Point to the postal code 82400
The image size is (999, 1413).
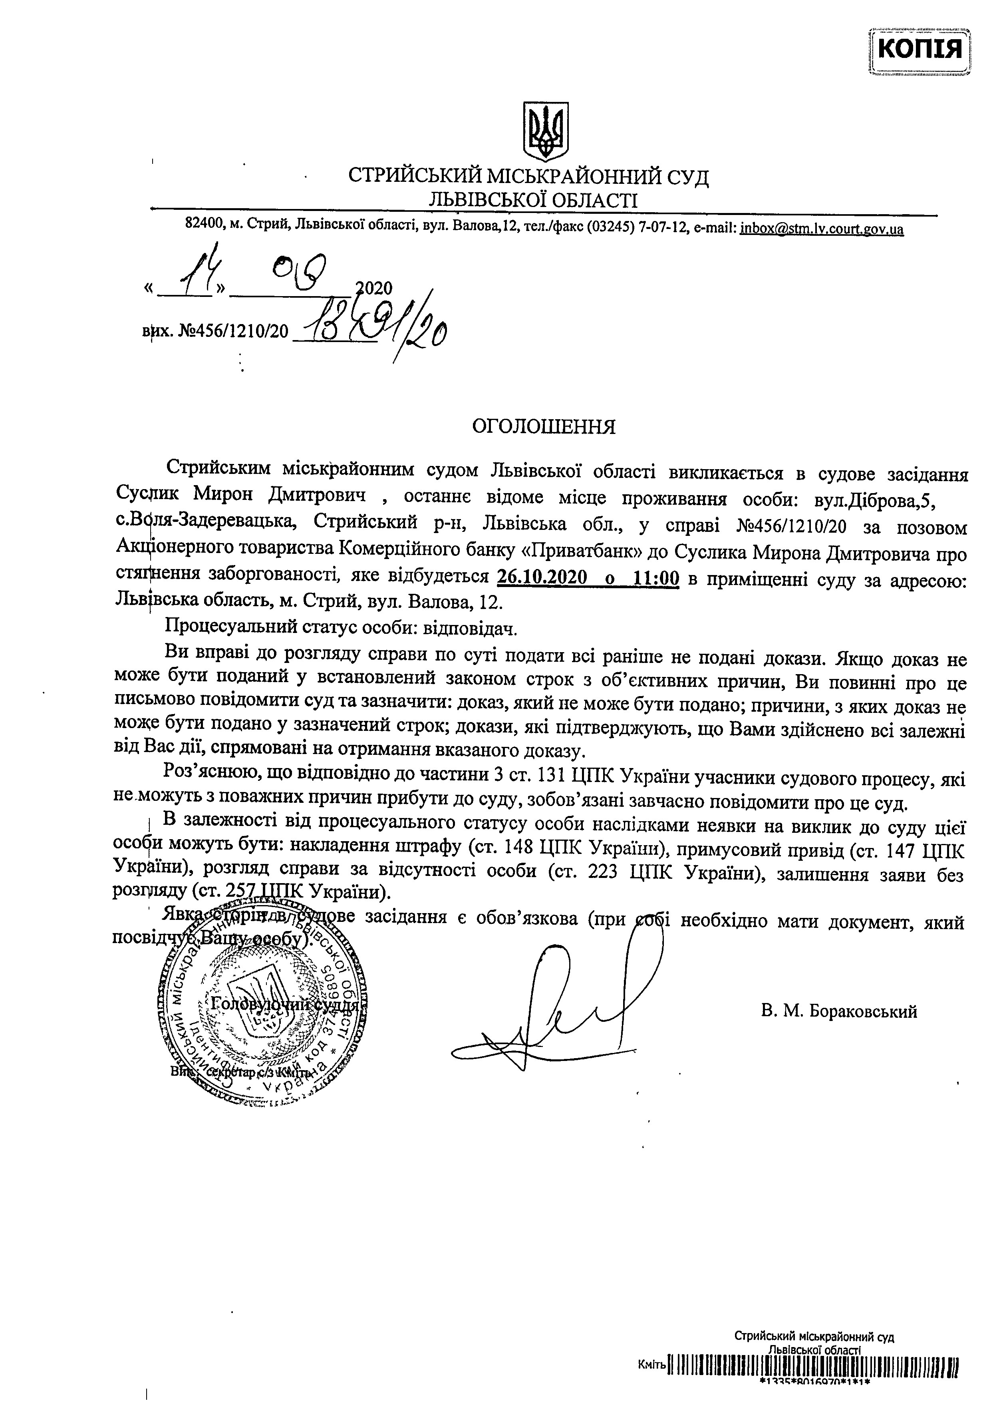pos(203,225)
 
